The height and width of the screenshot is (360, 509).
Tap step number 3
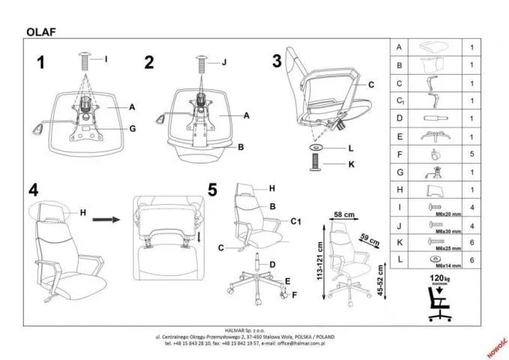[x=277, y=60]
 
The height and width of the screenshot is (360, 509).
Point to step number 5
[x=213, y=190]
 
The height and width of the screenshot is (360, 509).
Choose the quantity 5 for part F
[x=472, y=155]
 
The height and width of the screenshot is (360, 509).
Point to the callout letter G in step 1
[x=132, y=129]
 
